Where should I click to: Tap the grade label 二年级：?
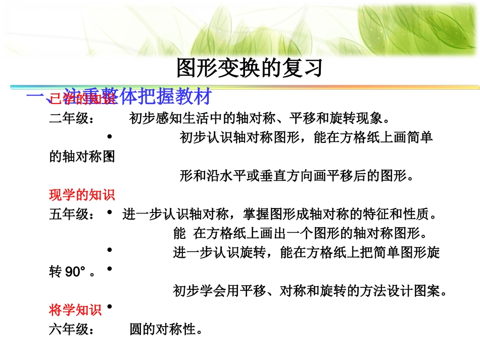click(71, 119)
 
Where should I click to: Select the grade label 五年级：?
click(71, 215)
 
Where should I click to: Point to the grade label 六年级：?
click(71, 330)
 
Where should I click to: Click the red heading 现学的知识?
click(82, 195)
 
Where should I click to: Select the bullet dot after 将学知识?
click(110, 306)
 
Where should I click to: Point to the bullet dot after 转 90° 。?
click(110, 270)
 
